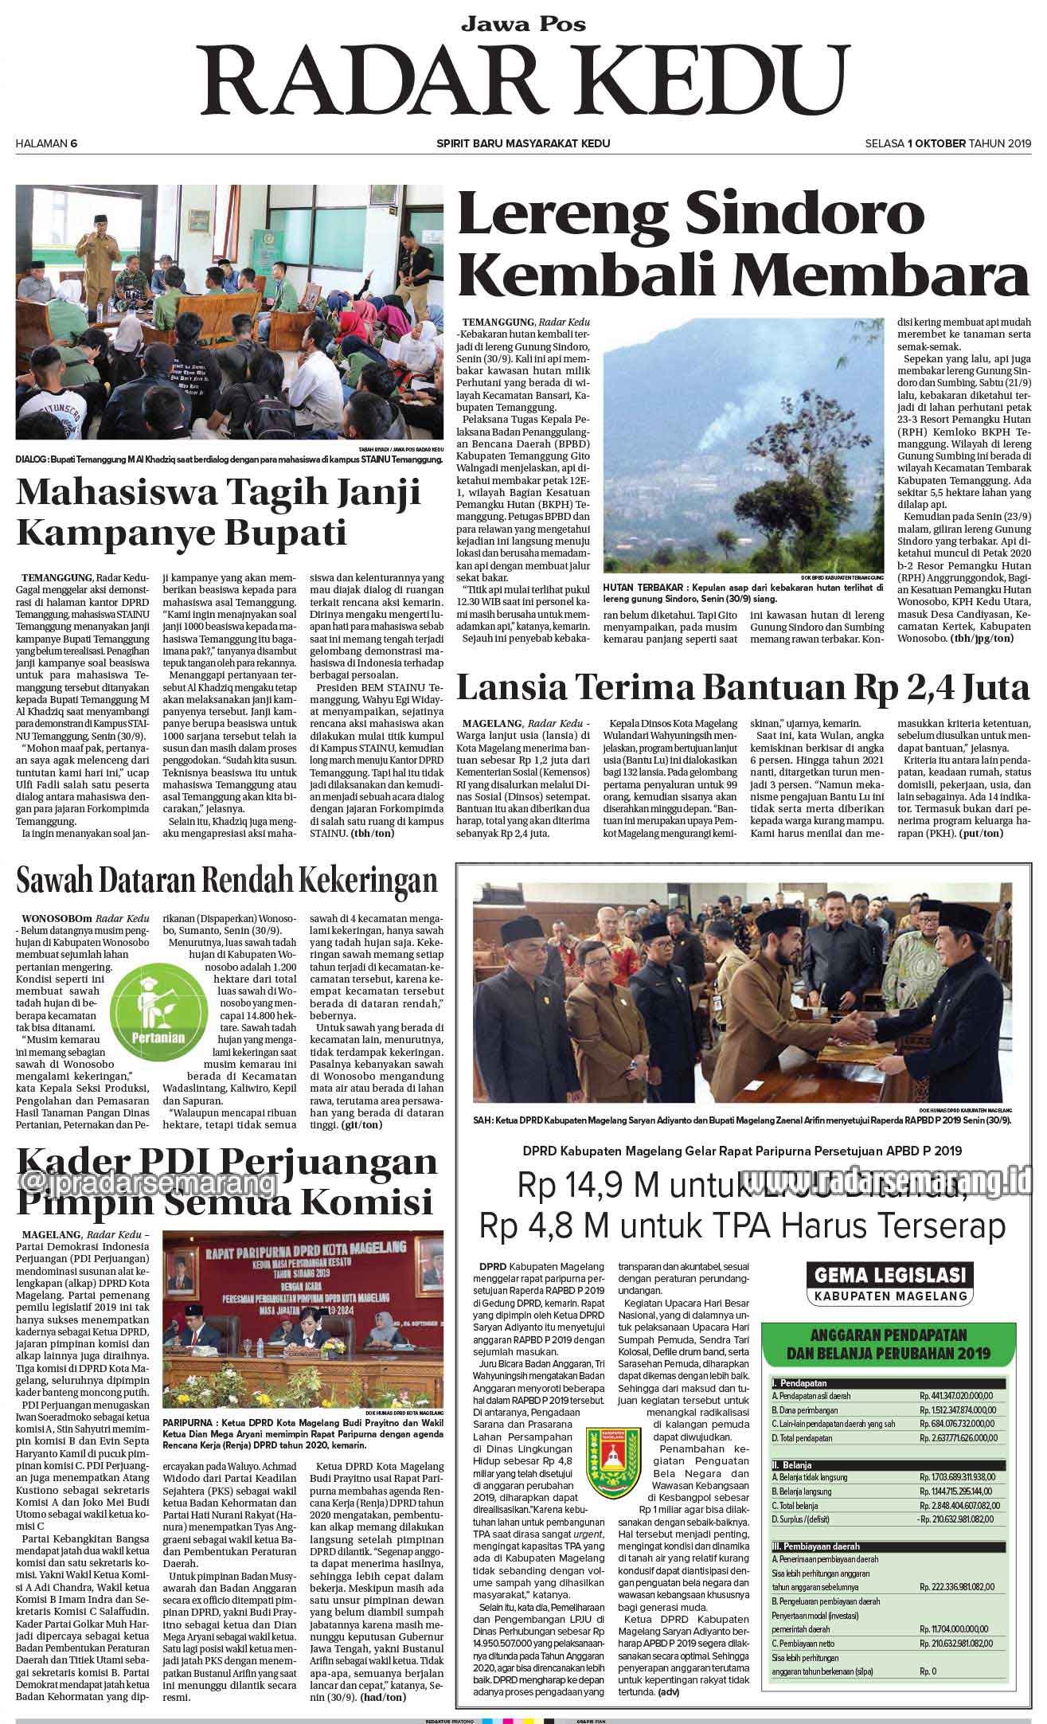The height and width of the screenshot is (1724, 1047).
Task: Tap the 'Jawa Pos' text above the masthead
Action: pos(522,24)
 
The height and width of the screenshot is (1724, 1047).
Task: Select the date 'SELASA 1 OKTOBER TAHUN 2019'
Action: pos(947,143)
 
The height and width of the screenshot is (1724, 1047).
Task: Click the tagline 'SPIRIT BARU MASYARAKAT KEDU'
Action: pos(523,143)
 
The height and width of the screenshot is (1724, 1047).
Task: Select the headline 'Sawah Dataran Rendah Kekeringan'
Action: pos(228,881)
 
